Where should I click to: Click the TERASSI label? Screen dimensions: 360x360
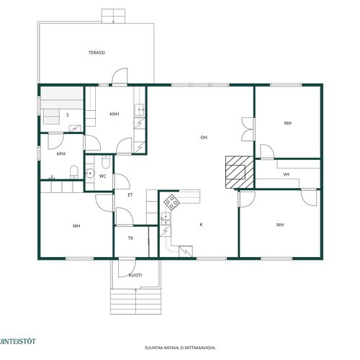point(96,53)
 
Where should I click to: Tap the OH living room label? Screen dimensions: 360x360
point(204,138)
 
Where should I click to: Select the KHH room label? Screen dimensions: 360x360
point(114,114)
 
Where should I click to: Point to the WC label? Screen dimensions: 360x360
point(103,176)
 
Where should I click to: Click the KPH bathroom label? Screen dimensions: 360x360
point(61,154)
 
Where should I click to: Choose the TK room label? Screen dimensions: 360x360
point(130,238)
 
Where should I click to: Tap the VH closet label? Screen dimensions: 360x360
point(286,174)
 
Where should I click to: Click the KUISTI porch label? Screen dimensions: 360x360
point(135,275)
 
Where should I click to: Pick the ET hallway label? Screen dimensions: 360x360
point(130,195)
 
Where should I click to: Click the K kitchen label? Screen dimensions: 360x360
point(201,225)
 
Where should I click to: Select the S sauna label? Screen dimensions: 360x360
point(68,115)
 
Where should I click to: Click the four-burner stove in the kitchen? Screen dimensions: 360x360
point(172,202)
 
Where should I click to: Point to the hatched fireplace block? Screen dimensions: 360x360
point(239,172)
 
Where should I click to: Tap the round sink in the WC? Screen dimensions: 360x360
point(90,173)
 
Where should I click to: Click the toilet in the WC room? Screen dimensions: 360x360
point(106,162)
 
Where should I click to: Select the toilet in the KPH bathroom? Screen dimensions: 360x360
point(74,172)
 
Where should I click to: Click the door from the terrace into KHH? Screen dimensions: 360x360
point(120,76)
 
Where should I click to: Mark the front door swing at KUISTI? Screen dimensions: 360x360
point(127,268)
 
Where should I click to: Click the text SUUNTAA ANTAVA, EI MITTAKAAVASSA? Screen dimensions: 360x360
point(180,348)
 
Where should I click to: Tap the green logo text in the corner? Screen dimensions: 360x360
point(17,341)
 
